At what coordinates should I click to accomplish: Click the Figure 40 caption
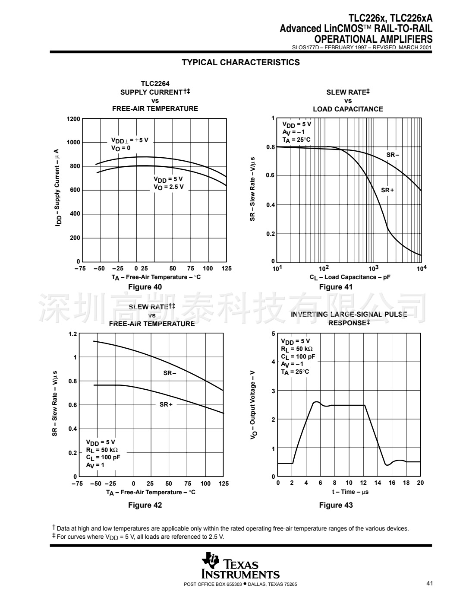pyautogui.click(x=145, y=287)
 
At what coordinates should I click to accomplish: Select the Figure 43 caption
pyautogui.click(x=336, y=505)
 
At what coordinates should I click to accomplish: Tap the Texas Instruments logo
pyautogui.click(x=241, y=566)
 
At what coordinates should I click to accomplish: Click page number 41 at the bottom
pyautogui.click(x=429, y=584)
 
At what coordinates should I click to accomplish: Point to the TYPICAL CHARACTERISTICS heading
pyautogui.click(x=241, y=62)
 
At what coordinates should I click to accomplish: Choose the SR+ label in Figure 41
pyautogui.click(x=387, y=190)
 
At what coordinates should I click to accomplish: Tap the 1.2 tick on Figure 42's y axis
pyautogui.click(x=72, y=334)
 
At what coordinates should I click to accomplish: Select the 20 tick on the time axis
pyautogui.click(x=420, y=483)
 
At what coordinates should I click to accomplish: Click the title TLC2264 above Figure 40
pyautogui.click(x=155, y=84)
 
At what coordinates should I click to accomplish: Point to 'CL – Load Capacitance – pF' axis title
pyautogui.click(x=350, y=277)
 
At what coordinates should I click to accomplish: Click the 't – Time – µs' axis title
pyautogui.click(x=350, y=492)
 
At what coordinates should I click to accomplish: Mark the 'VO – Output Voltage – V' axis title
pyautogui.click(x=254, y=405)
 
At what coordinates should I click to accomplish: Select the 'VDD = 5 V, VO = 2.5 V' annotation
pyautogui.click(x=169, y=183)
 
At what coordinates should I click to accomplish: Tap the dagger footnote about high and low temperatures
pyautogui.click(x=230, y=528)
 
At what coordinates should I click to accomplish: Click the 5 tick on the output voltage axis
pyautogui.click(x=273, y=334)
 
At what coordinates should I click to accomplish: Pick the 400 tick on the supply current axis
pyautogui.click(x=75, y=214)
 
